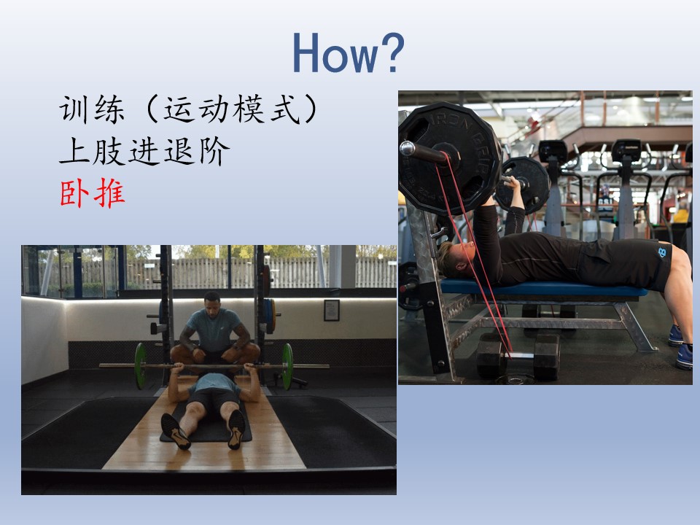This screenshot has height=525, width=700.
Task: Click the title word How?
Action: coord(349,52)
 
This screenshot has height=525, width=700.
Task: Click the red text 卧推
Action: coord(93,193)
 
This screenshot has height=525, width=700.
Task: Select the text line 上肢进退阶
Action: coord(144,151)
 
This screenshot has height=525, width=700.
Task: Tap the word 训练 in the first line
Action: coord(92,109)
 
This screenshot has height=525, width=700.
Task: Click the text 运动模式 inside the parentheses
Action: coord(232,109)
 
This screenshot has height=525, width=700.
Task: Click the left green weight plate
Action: coord(141,366)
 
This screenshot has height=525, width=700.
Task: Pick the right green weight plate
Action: coord(287,366)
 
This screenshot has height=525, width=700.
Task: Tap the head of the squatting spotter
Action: coord(212,302)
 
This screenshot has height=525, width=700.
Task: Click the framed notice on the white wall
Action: coord(332,311)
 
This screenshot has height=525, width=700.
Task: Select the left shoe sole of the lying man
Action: coord(175,431)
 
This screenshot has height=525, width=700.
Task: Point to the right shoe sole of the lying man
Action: coord(236,429)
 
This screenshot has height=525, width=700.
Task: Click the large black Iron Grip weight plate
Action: coord(451,158)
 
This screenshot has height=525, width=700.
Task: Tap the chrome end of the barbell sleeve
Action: coord(407,148)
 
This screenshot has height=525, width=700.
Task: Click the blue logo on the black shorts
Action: coord(661,252)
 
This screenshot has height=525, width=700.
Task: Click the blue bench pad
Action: coord(543,289)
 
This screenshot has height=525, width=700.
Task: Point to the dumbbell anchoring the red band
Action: coord(518,356)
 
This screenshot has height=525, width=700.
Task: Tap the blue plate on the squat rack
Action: coord(269,316)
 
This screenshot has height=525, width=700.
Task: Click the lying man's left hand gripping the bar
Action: coord(179,367)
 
